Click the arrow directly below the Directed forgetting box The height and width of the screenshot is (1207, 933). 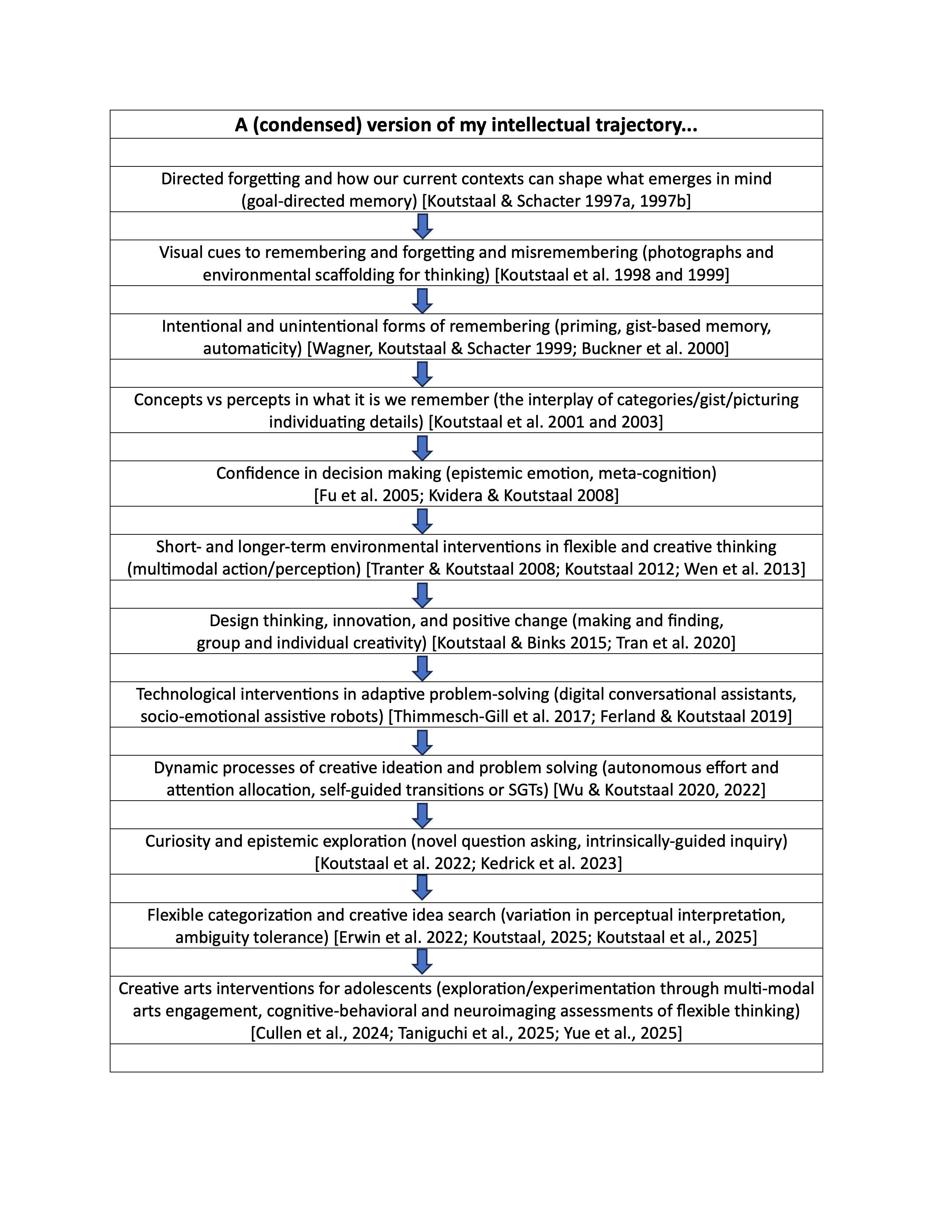[x=422, y=226]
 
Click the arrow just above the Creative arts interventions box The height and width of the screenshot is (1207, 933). [x=422, y=962]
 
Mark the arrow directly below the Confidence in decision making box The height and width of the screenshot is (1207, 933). [x=422, y=520]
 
